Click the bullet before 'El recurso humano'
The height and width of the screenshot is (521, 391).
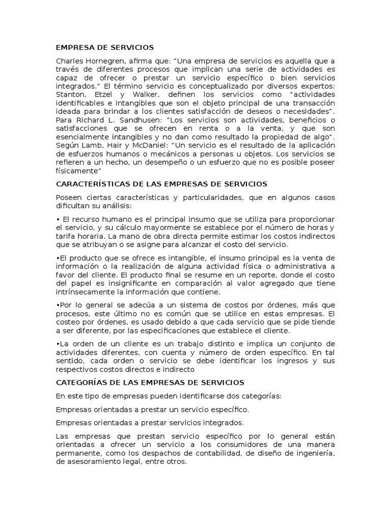click(58, 219)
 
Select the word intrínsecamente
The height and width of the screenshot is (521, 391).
click(89, 292)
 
